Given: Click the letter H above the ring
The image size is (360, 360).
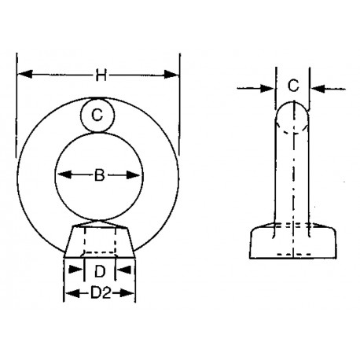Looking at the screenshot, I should (100, 75).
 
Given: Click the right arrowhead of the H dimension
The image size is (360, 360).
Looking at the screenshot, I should (174, 75).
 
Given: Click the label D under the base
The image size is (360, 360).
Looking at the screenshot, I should (99, 272).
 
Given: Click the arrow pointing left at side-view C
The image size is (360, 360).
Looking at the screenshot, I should (316, 88).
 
